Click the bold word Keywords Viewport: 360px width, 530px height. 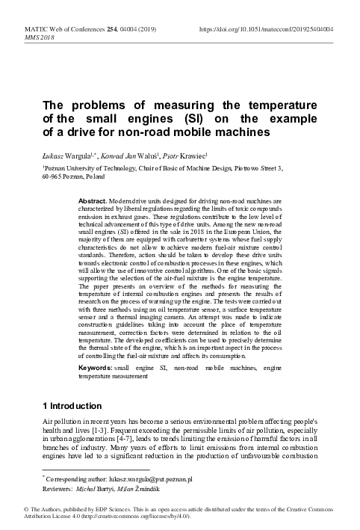95,369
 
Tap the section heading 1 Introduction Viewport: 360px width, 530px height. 72,406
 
